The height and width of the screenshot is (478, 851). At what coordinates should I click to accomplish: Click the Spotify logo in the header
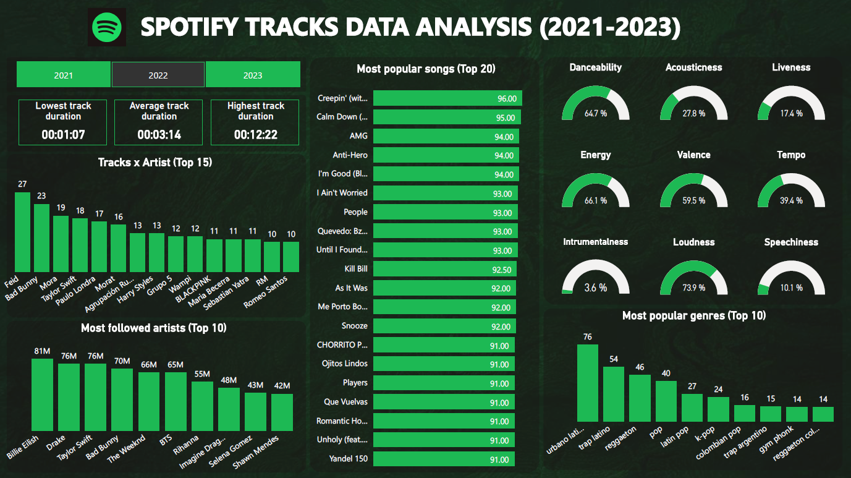coord(107,27)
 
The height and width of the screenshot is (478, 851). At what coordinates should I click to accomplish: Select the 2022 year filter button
coord(158,75)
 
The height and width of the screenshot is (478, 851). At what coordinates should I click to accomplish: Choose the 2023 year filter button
coord(253,75)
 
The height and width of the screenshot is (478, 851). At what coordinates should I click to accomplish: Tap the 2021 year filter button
coord(63,75)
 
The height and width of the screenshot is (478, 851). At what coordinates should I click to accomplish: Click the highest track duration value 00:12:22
coord(255,134)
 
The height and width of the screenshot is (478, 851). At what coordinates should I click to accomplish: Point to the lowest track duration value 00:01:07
coord(63,134)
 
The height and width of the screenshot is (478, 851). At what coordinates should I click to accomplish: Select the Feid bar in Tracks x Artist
coord(22,232)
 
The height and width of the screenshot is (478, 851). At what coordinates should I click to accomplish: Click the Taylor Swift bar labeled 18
coord(80,245)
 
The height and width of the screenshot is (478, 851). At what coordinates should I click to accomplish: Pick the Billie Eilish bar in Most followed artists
coord(42,395)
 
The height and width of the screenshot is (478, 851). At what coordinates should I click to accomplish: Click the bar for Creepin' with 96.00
coord(447,98)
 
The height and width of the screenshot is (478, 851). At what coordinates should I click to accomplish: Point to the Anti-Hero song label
coord(350,155)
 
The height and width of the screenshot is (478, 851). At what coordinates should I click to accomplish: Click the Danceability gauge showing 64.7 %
coord(595,105)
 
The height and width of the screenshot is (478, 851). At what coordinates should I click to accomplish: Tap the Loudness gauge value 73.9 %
coord(693,288)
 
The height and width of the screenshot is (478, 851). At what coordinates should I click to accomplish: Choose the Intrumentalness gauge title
coord(595,242)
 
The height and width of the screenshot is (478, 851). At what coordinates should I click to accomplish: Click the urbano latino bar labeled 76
coord(587,383)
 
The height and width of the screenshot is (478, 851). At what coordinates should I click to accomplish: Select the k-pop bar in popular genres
coord(718,409)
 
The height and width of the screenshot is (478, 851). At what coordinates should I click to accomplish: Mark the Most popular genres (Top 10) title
coord(693,315)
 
